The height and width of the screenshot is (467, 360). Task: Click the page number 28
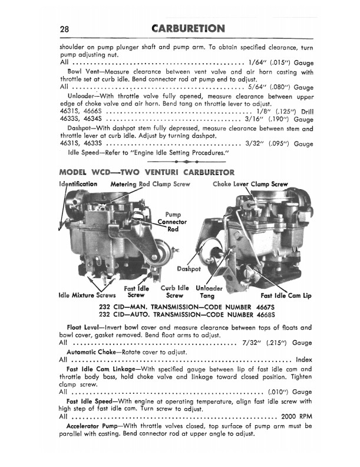click(65, 29)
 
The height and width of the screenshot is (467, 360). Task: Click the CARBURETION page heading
click(188, 28)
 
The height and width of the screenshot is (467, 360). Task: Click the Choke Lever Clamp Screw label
click(250, 184)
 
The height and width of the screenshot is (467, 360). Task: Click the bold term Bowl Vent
click(81, 72)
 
